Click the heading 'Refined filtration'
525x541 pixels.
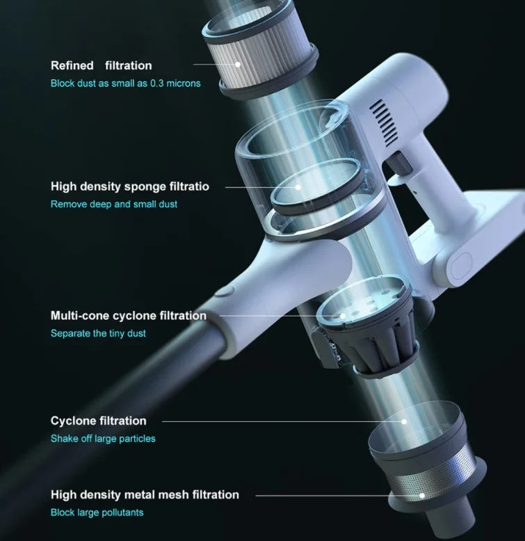(x=101, y=65)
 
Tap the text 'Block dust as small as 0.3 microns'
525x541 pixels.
(x=126, y=83)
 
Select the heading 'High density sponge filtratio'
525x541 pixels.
(x=130, y=186)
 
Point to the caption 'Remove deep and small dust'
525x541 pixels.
(x=114, y=204)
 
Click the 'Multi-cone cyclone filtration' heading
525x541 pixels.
(x=129, y=316)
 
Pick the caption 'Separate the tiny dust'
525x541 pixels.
(x=98, y=333)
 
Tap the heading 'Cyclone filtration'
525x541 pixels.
(x=98, y=421)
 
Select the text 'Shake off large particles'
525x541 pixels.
(x=103, y=439)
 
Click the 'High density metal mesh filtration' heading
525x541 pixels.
(x=145, y=495)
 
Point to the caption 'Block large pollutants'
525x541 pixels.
(x=97, y=512)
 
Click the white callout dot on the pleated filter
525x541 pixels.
(x=238, y=65)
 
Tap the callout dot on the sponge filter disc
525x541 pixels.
(x=298, y=187)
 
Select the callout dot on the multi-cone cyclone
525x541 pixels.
(x=343, y=316)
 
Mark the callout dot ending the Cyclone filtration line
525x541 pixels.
(x=404, y=421)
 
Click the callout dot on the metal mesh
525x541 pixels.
(x=422, y=496)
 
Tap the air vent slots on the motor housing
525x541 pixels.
(x=384, y=122)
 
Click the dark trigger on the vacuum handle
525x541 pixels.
(x=399, y=162)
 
